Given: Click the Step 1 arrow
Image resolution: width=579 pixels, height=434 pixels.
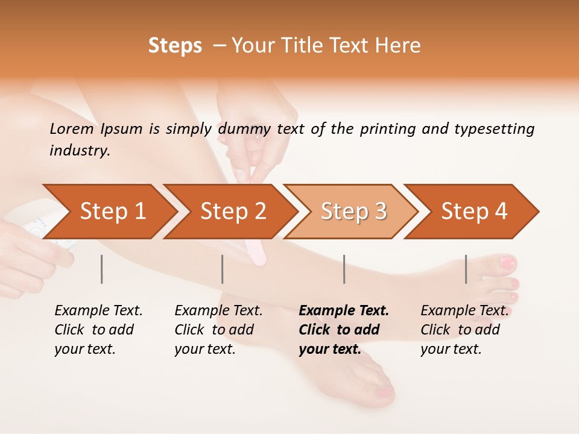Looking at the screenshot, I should click(112, 212).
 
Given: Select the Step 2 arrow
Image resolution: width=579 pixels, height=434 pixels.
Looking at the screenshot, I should click(233, 212).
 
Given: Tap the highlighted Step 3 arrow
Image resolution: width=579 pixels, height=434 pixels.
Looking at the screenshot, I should click(353, 212).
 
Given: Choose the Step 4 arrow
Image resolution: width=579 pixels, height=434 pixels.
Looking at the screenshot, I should click(474, 212).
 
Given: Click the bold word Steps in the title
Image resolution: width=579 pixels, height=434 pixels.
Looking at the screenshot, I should click(175, 46).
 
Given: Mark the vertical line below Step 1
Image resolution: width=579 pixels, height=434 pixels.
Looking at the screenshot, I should click(102, 269).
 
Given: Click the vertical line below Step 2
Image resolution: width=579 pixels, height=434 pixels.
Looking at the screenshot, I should click(223, 269).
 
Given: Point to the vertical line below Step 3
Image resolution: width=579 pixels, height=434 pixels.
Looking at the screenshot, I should click(344, 269).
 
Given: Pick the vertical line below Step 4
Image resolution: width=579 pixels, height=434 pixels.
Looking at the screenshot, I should click(466, 269).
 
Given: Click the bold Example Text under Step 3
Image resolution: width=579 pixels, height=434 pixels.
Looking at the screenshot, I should click(344, 311).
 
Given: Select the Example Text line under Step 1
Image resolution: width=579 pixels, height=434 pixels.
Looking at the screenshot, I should click(98, 311).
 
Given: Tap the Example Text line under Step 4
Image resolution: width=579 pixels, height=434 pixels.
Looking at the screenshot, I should click(464, 311).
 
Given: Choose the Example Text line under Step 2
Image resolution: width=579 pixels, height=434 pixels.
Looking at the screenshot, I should click(218, 311).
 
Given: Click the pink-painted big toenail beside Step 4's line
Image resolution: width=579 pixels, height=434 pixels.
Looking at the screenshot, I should click(508, 263).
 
